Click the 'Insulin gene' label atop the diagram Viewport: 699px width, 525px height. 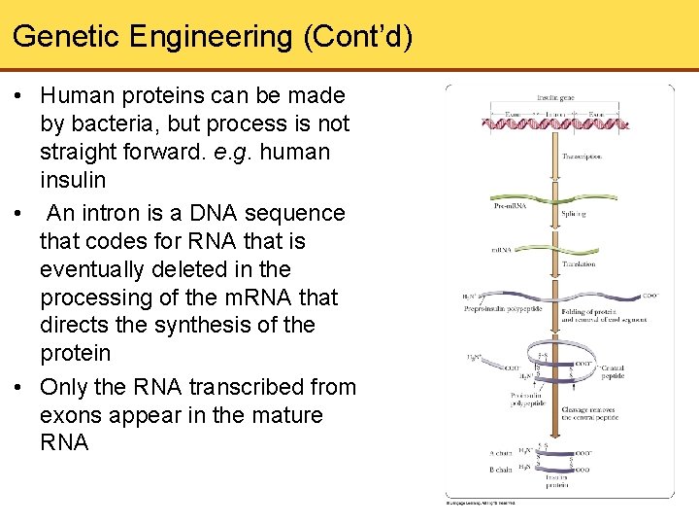[x=555, y=98]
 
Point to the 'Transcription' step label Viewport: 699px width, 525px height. [x=582, y=157]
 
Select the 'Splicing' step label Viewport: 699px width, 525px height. [x=575, y=213]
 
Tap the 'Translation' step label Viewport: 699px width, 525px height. [x=579, y=263]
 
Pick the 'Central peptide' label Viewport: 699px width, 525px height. [x=614, y=372]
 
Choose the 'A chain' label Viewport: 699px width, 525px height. [x=502, y=452]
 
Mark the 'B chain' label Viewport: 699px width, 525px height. [x=502, y=468]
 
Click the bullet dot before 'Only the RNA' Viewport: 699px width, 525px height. [x=18, y=388]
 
